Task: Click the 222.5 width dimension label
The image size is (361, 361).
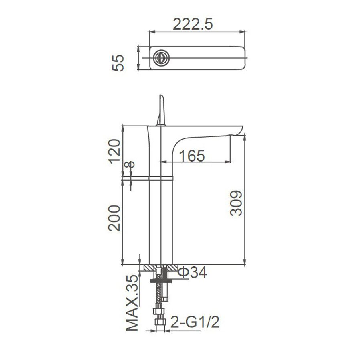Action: [193, 24]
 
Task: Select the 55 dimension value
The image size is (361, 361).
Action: [118, 63]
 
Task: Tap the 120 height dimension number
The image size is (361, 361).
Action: [114, 151]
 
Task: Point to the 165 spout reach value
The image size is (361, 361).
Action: [192, 156]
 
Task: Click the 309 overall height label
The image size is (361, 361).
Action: [236, 203]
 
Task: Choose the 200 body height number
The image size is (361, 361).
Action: [114, 218]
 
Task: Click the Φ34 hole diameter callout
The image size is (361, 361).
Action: [193, 272]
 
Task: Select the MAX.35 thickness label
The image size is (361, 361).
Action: [133, 303]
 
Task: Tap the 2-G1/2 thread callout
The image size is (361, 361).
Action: [195, 322]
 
